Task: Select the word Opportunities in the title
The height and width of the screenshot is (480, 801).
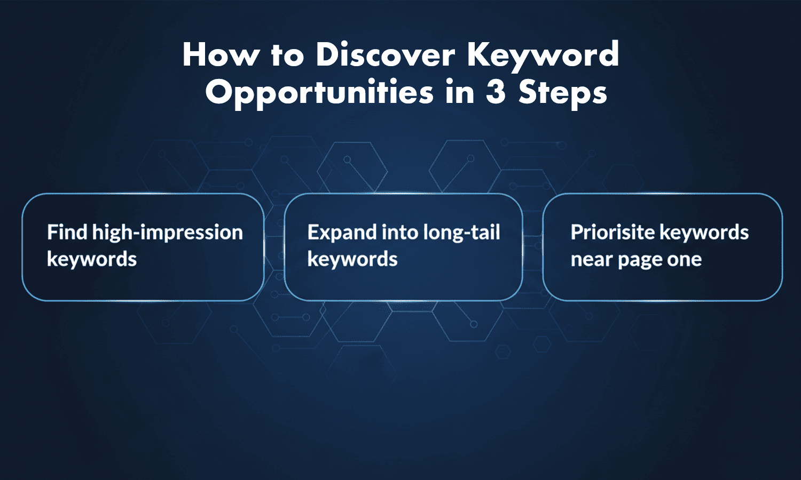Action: [x=319, y=93]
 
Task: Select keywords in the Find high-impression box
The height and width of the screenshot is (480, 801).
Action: [x=92, y=260]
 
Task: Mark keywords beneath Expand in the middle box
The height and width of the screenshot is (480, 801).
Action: [x=352, y=260]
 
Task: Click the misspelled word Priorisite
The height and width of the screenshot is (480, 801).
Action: [x=612, y=233]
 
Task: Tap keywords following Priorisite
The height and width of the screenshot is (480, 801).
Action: [x=704, y=233]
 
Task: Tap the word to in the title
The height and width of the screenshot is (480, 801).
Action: [x=287, y=55]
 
